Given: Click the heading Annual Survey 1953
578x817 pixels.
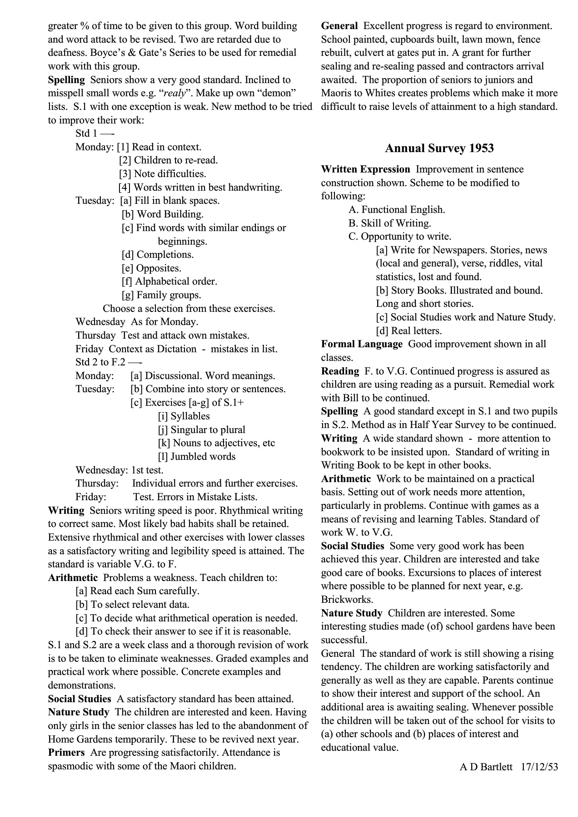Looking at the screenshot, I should point(439,148).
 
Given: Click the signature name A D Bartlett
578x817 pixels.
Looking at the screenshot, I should point(486,767).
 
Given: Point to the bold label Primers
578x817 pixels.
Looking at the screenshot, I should point(66,752).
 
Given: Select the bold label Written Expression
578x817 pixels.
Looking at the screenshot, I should point(365,169).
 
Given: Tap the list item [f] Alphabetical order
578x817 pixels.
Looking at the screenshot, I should point(169,281).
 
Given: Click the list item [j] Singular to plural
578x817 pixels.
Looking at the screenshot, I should point(201,429).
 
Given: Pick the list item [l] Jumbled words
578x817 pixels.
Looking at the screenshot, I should point(197,456).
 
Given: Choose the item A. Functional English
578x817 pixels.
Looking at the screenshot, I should point(397,209).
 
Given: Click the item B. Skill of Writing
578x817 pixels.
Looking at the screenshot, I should point(389,223).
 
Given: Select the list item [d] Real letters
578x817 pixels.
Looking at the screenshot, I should point(409,330).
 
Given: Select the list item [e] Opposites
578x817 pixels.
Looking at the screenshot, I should point(151,268).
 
